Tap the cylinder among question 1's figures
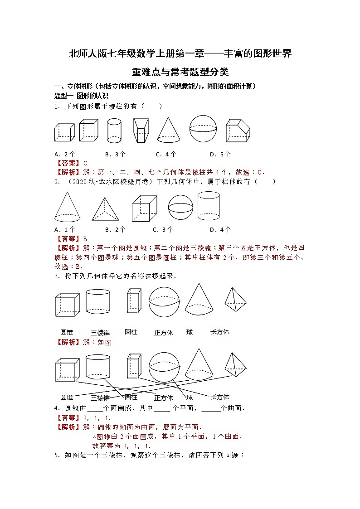(x=114, y=131)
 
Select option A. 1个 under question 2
(x=65, y=229)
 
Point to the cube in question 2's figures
(x=145, y=209)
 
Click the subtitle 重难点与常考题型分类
(x=180, y=72)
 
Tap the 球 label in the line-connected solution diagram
(x=190, y=398)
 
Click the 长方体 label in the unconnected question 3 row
(x=220, y=332)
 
